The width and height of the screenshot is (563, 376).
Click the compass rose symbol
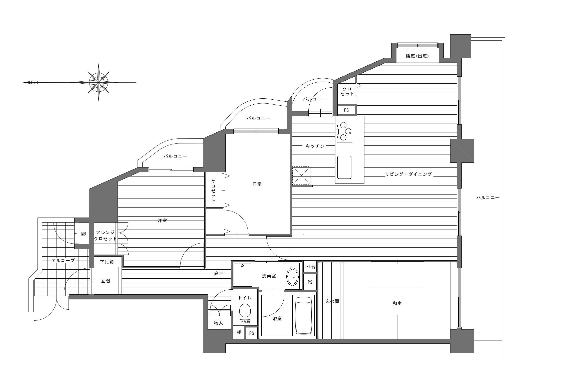pos(99,82)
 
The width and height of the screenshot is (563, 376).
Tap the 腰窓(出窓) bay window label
pos(417,56)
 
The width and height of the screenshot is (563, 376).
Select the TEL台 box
pos(310,267)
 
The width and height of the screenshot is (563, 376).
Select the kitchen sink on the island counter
pos(344,167)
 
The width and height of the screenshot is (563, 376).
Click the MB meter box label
pos(83,234)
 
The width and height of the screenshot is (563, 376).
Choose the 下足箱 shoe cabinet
pos(107,262)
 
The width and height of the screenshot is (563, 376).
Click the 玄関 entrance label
pos(105,281)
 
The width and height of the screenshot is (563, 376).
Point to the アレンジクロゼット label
pos(105,236)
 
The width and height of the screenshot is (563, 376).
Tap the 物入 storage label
pos(218,323)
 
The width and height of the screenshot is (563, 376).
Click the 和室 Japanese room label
pos(397,303)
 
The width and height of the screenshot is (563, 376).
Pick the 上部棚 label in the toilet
pos(245,322)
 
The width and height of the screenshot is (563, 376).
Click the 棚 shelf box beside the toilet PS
pos(239,332)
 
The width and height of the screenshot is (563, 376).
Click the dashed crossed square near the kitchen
pos(301,176)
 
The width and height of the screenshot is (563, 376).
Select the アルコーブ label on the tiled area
pos(63,260)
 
